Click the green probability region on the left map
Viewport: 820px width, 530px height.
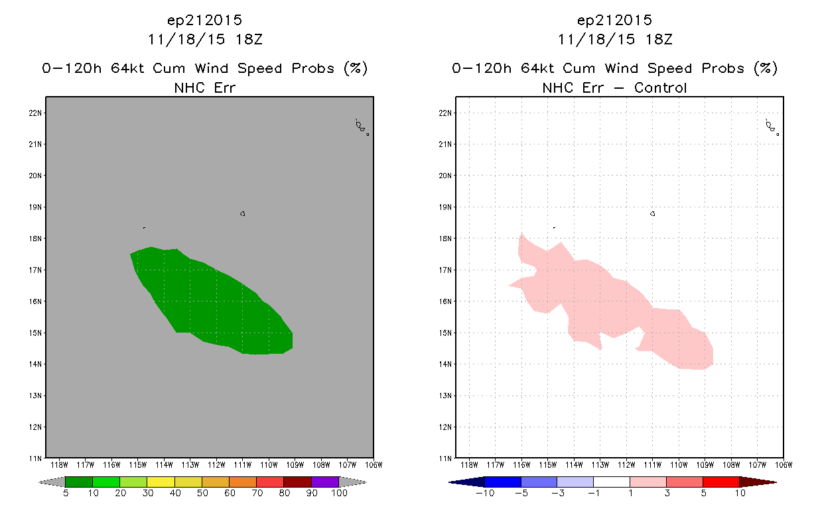coord(212,303)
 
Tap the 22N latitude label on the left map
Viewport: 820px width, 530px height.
coord(35,113)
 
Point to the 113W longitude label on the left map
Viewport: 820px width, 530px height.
coord(190,465)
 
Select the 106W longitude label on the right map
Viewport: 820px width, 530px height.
coord(784,465)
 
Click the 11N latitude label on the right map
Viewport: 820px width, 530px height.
coord(445,458)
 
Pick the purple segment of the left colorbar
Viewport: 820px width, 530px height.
coord(325,482)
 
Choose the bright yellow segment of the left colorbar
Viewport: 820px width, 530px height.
coord(161,482)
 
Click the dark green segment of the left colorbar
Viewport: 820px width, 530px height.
coord(79,482)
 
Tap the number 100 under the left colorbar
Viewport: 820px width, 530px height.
coord(339,493)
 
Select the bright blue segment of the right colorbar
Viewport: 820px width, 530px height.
coord(503,482)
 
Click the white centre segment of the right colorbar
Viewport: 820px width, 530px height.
coord(611,482)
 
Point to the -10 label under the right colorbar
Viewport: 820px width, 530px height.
coord(485,493)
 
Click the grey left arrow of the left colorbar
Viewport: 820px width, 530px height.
coord(52,482)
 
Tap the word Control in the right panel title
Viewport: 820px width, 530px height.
coord(660,88)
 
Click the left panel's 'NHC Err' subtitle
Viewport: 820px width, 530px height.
coord(204,88)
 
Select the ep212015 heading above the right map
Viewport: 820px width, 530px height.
coord(614,21)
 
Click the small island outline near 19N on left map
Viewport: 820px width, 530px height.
coord(243,213)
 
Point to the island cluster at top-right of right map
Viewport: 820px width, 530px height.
coord(772,127)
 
